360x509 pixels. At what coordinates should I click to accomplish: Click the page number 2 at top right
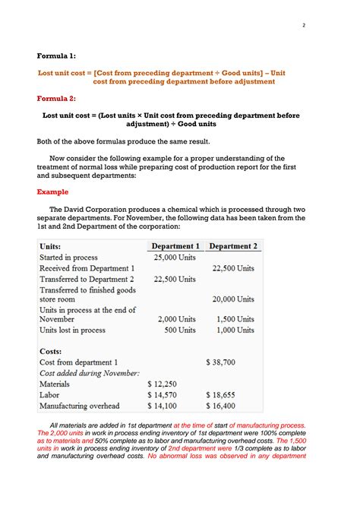303,25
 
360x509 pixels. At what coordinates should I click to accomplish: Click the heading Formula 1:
57,55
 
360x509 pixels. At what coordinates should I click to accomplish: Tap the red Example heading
53,192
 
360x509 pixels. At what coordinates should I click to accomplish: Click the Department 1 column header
175,246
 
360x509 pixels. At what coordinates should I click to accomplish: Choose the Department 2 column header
232,246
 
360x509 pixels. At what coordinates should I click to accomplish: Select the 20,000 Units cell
233,299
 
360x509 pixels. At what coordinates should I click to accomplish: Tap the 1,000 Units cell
235,330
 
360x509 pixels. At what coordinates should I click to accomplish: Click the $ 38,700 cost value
220,362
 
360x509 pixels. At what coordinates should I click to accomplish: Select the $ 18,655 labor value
220,395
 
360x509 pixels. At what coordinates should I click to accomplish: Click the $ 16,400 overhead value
220,406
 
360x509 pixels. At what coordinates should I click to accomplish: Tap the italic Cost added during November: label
89,373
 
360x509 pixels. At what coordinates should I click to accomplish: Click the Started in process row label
71,258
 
